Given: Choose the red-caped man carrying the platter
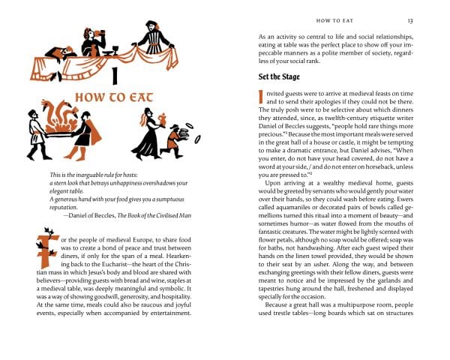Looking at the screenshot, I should tap(88, 129).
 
